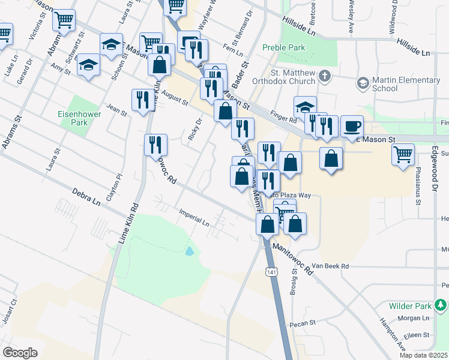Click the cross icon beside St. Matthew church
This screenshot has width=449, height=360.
(325, 76)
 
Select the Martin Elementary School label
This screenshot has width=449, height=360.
(406, 84)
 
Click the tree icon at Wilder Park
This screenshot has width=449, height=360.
(441, 306)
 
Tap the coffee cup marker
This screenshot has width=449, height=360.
(352, 127)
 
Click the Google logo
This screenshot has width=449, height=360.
(20, 353)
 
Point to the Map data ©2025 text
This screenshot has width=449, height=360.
(423, 355)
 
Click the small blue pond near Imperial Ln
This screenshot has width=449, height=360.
(190, 251)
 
